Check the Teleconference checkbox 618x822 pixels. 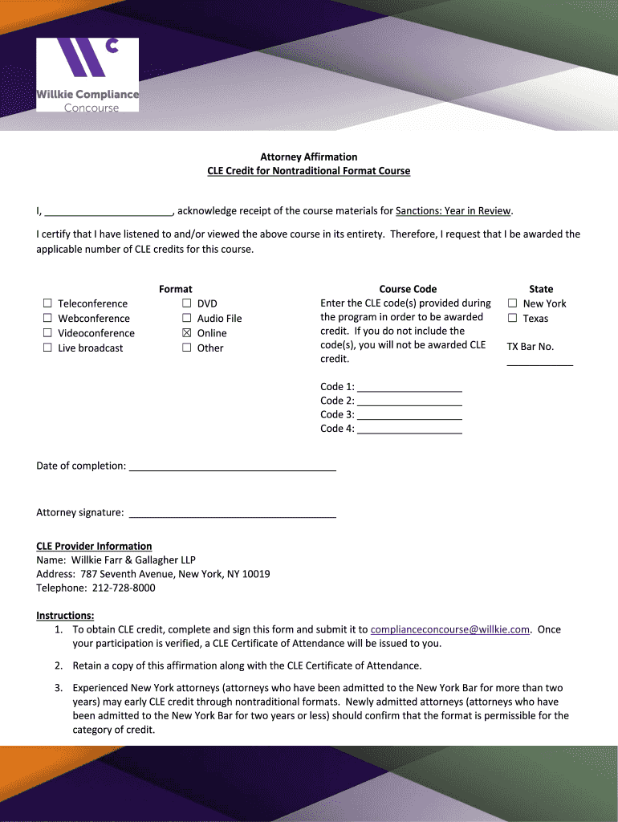tap(47, 303)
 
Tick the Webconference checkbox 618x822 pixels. tap(47, 319)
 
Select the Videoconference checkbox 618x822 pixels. tap(47, 333)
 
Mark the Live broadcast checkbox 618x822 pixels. tap(47, 348)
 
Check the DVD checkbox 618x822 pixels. tap(187, 303)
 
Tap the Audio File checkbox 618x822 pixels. tap(187, 319)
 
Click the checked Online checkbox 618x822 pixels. tap(187, 333)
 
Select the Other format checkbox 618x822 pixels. tap(187, 348)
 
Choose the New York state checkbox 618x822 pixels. tap(512, 303)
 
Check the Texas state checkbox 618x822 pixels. tap(512, 319)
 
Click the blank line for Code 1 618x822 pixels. tap(409, 387)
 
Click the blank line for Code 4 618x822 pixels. tap(409, 429)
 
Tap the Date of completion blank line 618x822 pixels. tap(232, 466)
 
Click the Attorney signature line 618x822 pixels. tap(232, 513)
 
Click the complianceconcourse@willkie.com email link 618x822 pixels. tap(450, 629)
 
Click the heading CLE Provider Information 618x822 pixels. tap(94, 546)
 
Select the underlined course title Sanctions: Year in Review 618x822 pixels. tap(453, 211)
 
